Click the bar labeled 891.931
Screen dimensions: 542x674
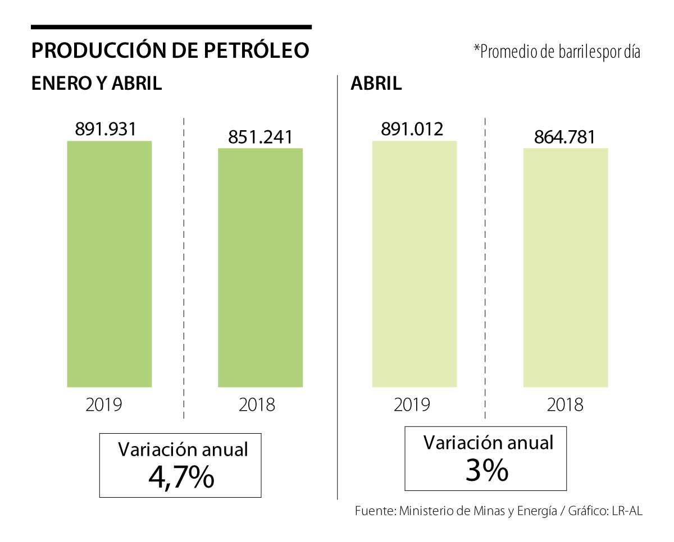[109, 264]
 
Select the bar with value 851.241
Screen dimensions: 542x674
[260, 268]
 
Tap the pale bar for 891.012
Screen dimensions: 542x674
[415, 264]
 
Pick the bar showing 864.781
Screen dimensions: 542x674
[566, 268]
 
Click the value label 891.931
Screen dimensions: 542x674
[106, 129]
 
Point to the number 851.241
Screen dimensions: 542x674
[260, 137]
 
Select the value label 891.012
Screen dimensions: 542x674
[412, 129]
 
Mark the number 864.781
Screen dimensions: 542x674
[564, 137]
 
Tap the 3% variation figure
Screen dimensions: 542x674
[486, 471]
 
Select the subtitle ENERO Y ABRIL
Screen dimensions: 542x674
[97, 84]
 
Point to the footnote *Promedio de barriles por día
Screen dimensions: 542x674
[557, 52]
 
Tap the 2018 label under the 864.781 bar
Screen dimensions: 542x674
[565, 404]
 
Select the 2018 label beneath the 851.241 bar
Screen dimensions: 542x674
[257, 404]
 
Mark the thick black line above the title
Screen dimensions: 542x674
[171, 26]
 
